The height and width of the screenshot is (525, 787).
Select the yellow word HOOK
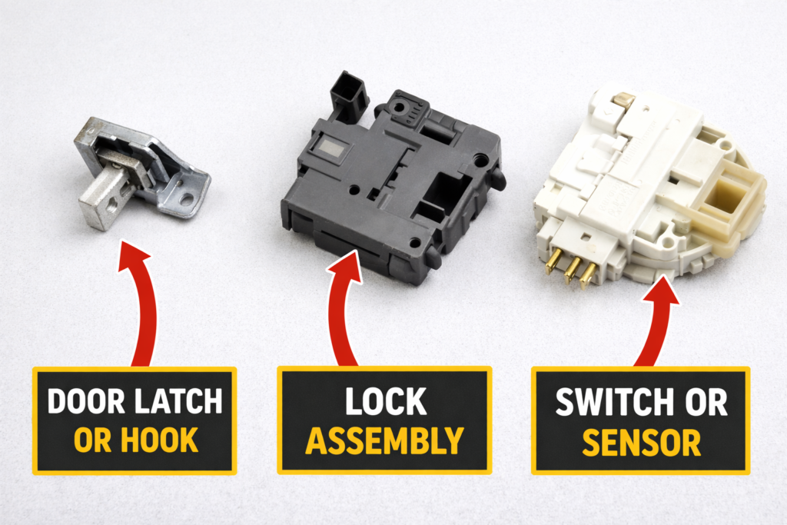159,440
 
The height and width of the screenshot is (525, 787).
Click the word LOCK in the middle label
386,401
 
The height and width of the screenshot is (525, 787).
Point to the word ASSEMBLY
384,440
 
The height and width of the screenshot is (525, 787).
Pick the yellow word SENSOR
642,442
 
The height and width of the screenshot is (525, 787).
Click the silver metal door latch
141,171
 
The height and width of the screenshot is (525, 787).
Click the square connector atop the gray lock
348,97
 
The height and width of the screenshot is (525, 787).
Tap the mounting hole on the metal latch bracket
187,199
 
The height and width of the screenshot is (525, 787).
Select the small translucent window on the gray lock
330,149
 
